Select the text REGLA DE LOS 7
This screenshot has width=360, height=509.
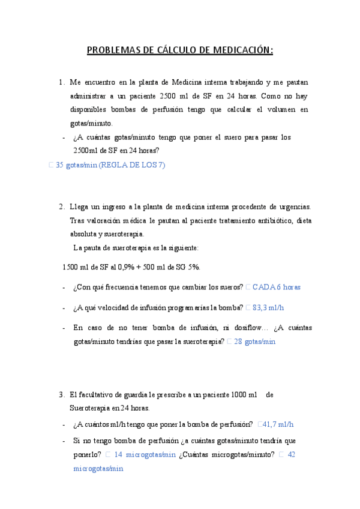point(133,166)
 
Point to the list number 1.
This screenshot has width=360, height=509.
point(62,82)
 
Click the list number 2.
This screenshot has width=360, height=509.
point(62,207)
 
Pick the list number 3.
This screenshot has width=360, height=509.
point(62,394)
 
